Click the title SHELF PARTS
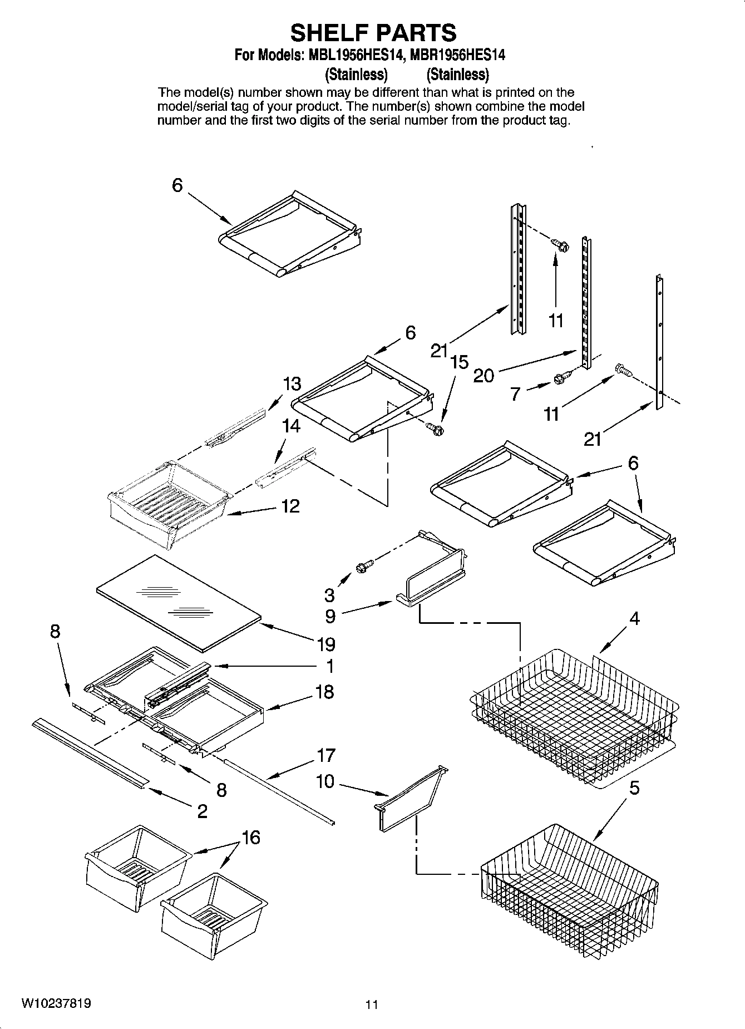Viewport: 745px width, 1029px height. [373, 33]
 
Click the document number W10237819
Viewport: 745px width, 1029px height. [56, 1003]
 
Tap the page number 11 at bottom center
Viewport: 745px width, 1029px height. [372, 1005]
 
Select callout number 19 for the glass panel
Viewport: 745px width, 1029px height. [326, 644]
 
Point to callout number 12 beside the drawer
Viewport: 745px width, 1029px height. [290, 506]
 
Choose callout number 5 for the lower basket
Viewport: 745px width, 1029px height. [634, 788]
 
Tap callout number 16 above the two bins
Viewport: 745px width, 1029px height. [251, 837]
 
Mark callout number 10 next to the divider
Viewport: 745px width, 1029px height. [324, 781]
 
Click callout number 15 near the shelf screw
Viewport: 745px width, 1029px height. [459, 362]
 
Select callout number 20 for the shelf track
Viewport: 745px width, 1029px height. [483, 376]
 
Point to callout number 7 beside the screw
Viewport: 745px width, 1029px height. [515, 394]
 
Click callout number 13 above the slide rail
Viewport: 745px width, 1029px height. [292, 383]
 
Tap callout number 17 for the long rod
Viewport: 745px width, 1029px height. [326, 755]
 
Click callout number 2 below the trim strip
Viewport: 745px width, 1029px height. [202, 811]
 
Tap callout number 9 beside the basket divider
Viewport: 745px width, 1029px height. [330, 616]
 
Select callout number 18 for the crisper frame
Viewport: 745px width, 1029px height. [324, 692]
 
